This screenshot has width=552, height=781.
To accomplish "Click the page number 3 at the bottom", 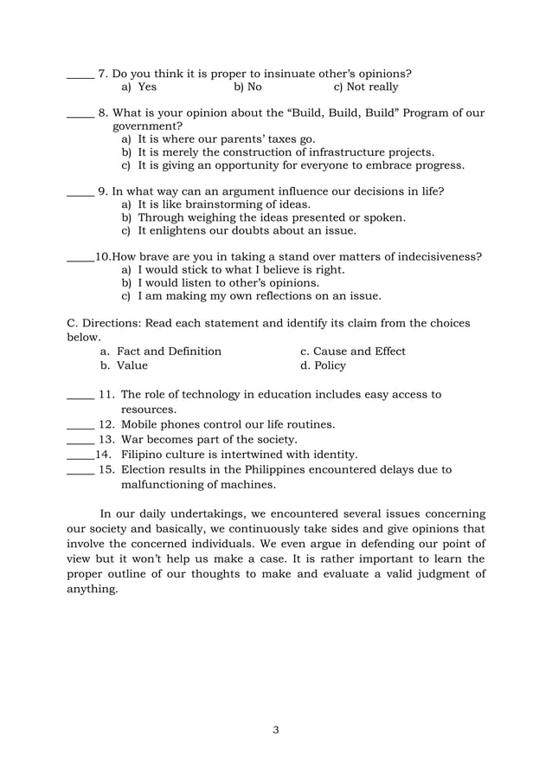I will [x=275, y=729].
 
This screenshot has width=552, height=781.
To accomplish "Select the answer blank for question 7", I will [x=80, y=75].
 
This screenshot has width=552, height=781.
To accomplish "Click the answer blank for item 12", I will [x=80, y=426].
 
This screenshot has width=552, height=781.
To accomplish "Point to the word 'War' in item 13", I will [x=134, y=440].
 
